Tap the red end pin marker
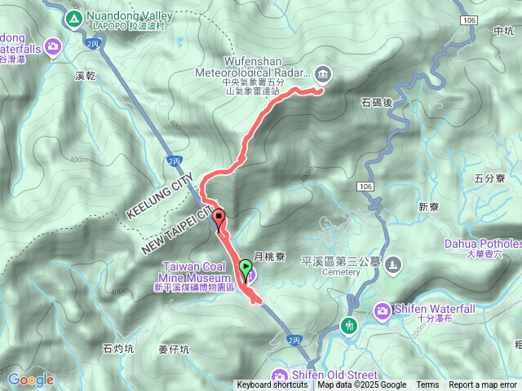[x=219, y=217]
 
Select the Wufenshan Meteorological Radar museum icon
[x=324, y=74]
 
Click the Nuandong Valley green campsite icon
[x=73, y=17]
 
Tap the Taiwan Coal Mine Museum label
[x=196, y=271]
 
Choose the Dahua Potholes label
[x=482, y=244]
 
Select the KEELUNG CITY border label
[x=160, y=195]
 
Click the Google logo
[x=30, y=380]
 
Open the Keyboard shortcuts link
[x=272, y=385]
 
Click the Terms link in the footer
[x=427, y=385]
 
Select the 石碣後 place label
[x=377, y=102]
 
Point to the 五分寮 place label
[x=489, y=178]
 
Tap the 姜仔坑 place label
[x=173, y=349]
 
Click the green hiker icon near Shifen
[x=350, y=326]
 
